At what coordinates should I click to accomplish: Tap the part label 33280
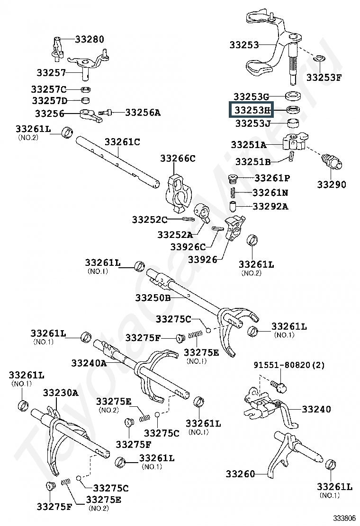[89, 39]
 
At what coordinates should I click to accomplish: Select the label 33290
[332, 184]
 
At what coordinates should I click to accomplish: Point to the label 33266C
[177, 158]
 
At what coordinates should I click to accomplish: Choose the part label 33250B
[153, 298]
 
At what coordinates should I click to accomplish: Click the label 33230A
[61, 392]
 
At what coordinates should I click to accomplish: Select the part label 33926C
[188, 246]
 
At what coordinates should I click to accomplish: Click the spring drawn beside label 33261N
[233, 193]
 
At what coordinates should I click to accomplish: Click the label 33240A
[89, 363]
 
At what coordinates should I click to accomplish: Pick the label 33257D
[50, 100]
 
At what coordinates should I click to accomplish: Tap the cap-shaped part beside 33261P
[232, 179]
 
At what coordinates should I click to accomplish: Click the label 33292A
[270, 206]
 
